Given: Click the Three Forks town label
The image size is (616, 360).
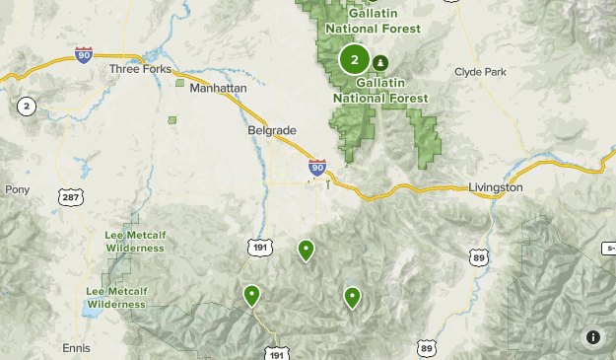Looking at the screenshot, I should (139, 69).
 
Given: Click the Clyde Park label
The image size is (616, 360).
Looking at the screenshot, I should (479, 71).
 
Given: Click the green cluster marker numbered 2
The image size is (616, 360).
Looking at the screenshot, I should (354, 60).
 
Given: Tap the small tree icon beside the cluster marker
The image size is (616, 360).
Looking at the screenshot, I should (380, 63).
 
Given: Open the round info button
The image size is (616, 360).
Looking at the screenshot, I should (593, 337).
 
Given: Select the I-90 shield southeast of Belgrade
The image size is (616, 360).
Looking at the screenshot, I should (316, 169).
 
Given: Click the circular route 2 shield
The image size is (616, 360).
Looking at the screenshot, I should (25, 107).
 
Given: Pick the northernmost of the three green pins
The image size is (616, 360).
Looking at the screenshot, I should (306, 250).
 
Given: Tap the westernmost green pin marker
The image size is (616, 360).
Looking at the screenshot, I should (251, 293).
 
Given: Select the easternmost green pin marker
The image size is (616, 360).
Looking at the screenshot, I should (352, 295).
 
